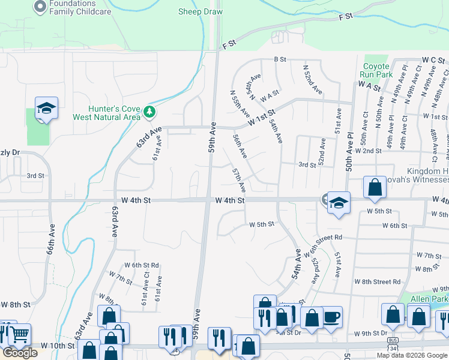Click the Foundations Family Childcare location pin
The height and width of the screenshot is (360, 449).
pos(40,7)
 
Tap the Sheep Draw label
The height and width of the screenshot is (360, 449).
pos(200,11)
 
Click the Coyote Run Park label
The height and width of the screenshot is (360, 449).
pos(377,70)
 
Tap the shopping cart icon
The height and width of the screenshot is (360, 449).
pos(20,334)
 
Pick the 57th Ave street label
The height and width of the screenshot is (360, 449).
pos(238,181)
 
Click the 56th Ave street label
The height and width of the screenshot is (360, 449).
pos(240,146)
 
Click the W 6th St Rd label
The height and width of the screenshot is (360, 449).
pos(142,265)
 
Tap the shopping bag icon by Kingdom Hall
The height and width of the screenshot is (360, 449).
pos(375,187)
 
